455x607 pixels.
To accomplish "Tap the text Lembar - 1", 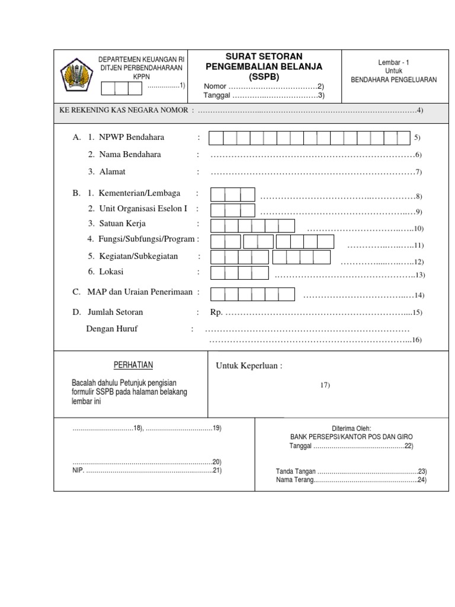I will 393,62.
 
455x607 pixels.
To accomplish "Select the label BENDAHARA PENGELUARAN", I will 393,79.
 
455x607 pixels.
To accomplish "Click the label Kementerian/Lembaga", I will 137,194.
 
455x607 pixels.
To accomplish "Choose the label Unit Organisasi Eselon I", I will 142,209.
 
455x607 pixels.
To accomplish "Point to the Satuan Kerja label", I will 122,224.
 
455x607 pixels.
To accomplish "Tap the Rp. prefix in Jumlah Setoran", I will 216,312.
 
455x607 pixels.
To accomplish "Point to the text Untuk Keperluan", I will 249,366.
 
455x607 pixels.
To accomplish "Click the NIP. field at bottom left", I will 142,471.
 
